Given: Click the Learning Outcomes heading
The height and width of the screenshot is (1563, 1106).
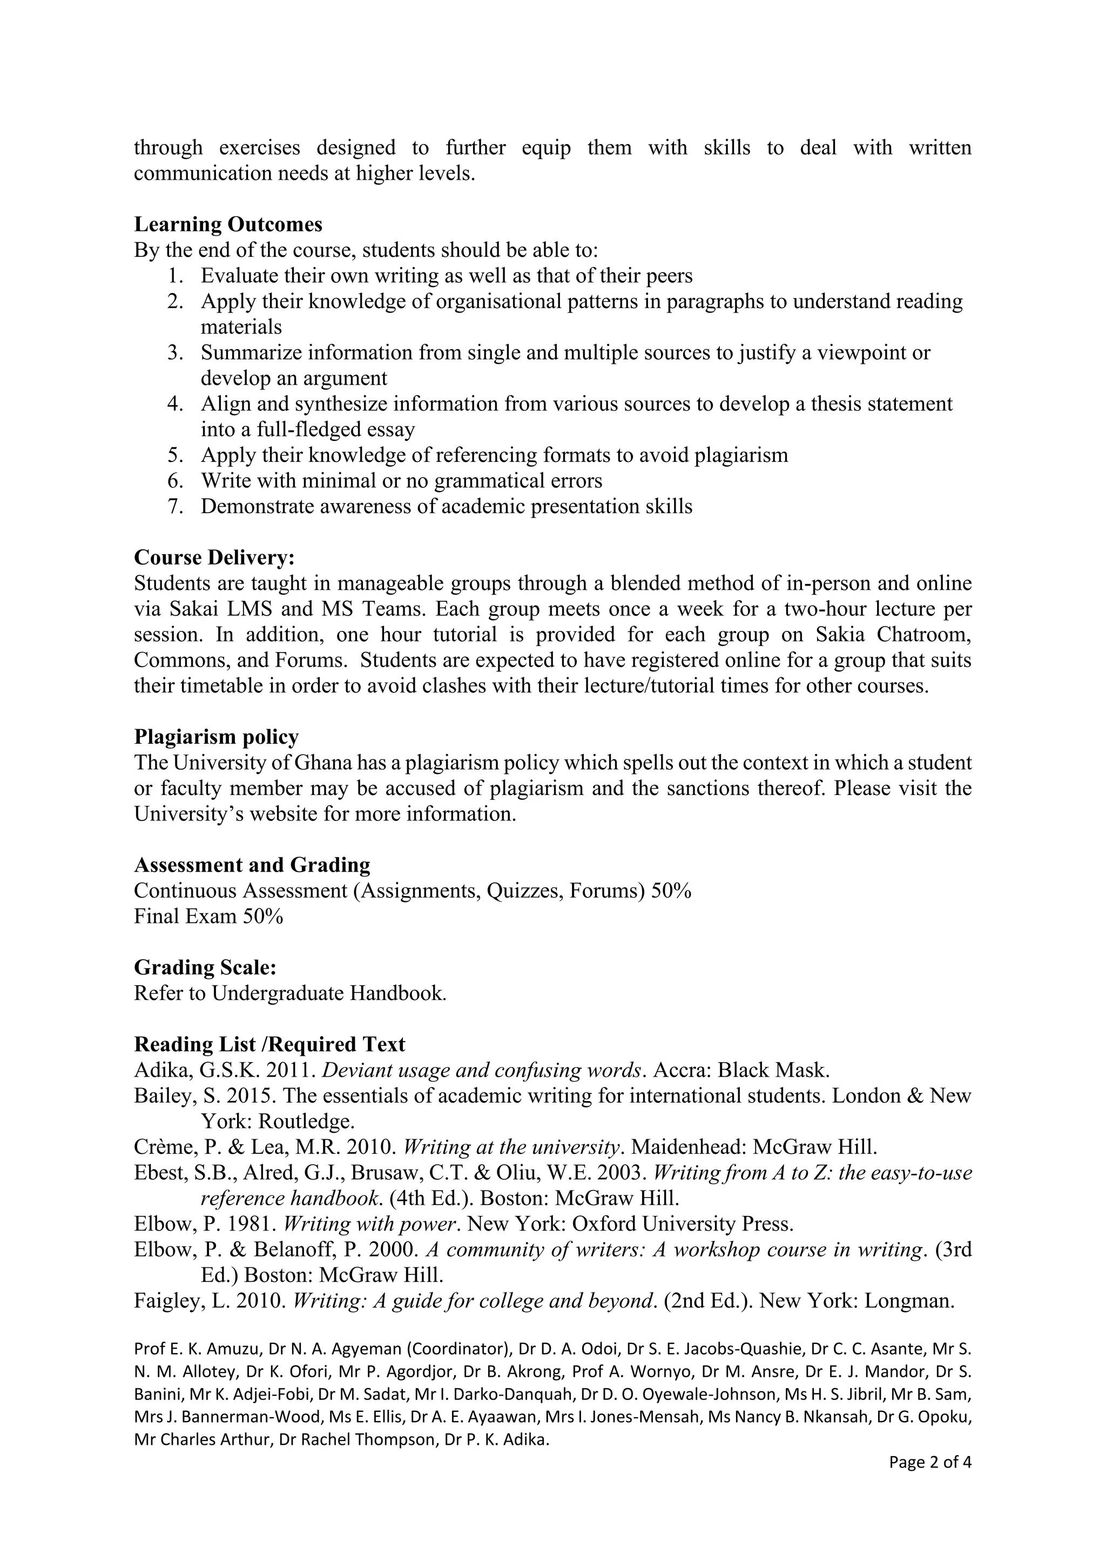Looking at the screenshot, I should [228, 224].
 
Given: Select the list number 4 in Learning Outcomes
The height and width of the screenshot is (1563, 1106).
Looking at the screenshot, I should [175, 404].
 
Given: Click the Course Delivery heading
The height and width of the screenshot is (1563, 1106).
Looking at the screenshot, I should [214, 558].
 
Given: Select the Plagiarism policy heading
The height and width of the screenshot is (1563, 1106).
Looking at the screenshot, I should [217, 737].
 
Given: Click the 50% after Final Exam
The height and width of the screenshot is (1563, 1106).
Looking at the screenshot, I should [263, 916].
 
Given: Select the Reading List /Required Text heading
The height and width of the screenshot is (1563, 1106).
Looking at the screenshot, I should [269, 1044].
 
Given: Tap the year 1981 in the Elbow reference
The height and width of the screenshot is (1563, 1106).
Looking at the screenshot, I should [252, 1224].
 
